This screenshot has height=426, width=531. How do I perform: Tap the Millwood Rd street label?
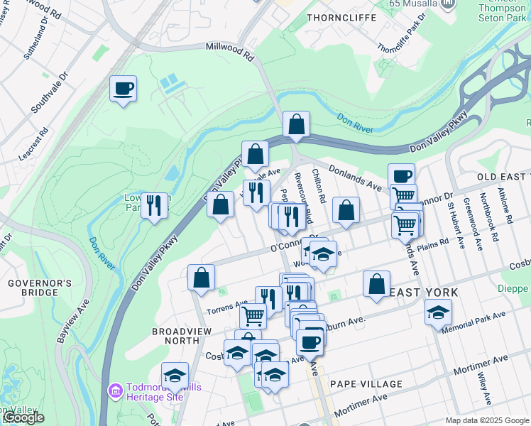pyautogui.click(x=229, y=50)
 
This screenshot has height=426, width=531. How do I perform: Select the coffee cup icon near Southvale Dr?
pyautogui.click(x=124, y=89)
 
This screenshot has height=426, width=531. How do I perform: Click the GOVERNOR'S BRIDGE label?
pyautogui.click(x=40, y=288)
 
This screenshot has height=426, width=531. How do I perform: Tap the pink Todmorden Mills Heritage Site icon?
pyautogui.click(x=114, y=390)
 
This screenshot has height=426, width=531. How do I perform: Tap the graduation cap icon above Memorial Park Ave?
pyautogui.click(x=439, y=312)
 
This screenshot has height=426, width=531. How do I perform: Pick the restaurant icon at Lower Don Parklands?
pyautogui.click(x=154, y=205)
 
